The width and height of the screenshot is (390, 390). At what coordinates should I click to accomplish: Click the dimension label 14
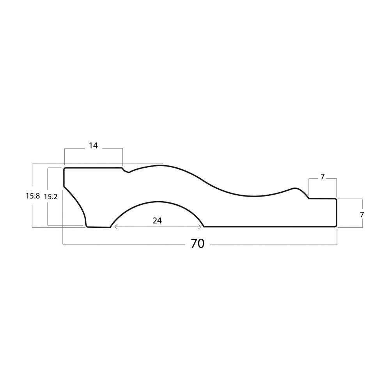click(93, 145)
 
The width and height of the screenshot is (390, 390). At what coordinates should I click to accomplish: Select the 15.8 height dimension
click(33, 196)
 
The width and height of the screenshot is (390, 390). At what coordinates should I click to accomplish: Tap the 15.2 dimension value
click(51, 197)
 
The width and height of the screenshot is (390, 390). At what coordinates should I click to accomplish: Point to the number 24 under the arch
click(157, 220)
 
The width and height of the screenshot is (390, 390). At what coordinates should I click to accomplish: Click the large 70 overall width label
click(197, 244)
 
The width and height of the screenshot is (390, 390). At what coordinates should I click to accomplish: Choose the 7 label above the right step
click(323, 177)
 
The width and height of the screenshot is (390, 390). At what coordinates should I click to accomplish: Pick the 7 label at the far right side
click(362, 214)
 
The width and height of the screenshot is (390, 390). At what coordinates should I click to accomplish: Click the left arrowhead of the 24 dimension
click(115, 227)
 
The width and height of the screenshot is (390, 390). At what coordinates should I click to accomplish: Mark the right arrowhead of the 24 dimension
click(200, 227)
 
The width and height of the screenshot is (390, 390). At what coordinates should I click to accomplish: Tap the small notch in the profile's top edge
click(126, 171)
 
